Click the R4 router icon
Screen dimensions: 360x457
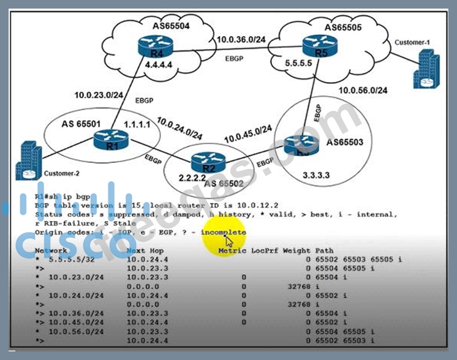[x=150, y=45]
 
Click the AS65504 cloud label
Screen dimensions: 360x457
[x=172, y=26]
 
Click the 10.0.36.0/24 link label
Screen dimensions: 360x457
[x=243, y=40]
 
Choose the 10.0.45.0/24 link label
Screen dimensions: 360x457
[x=247, y=130]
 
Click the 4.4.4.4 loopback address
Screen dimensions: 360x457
[x=151, y=62]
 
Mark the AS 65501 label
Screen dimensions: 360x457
[x=81, y=123]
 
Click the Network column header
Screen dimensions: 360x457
[x=51, y=251]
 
